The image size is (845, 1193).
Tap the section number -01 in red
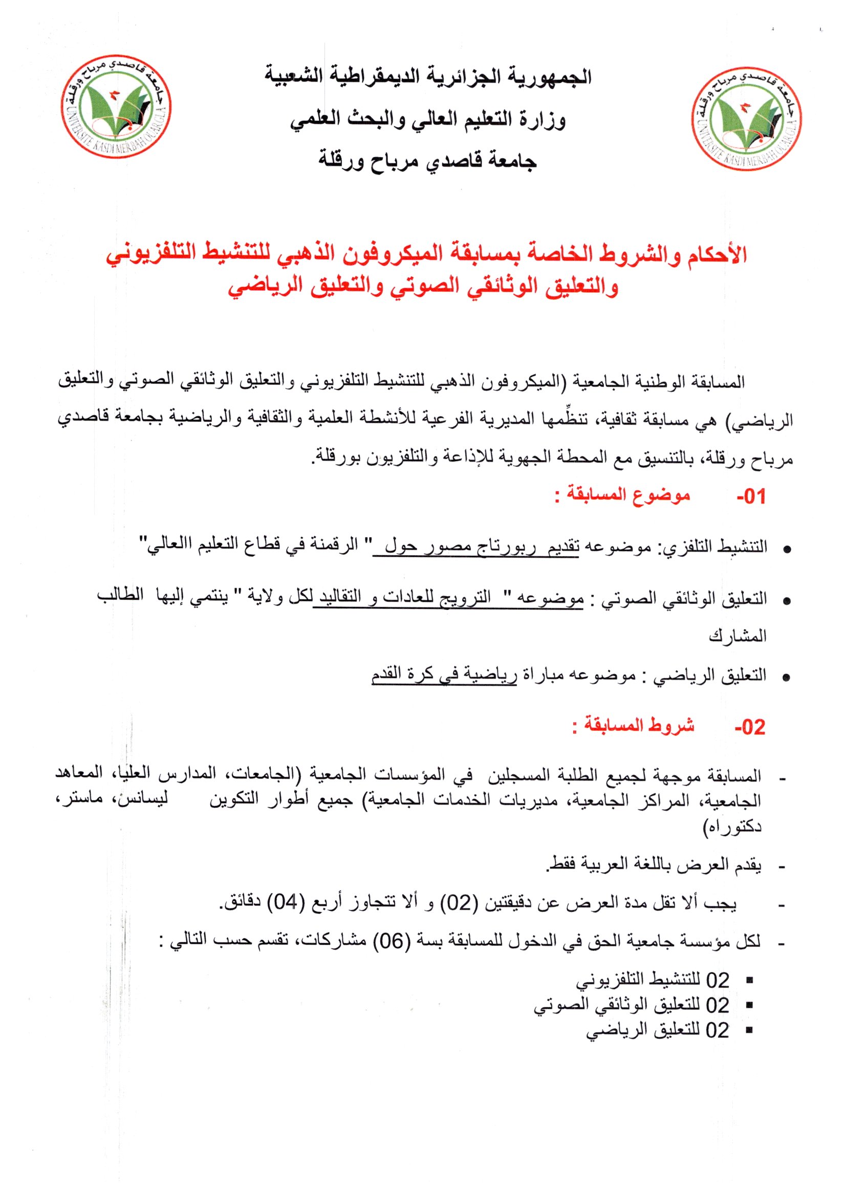[x=751, y=496]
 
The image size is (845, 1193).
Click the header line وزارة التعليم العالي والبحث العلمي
[x=428, y=120]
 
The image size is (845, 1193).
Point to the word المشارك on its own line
[x=738, y=636]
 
